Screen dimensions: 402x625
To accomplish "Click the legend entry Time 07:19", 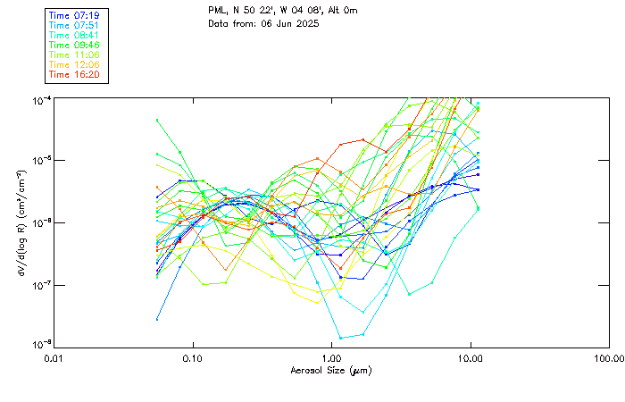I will click(74, 16).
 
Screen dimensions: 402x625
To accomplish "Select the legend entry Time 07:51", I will click(74, 26).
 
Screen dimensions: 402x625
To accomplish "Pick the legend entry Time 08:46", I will click(74, 45).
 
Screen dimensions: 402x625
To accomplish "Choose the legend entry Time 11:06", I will click(74, 54).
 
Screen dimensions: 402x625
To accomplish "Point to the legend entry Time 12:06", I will click(74, 64).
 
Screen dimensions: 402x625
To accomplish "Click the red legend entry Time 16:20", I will click(74, 74).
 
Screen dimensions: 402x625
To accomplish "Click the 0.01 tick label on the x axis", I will click(54, 358).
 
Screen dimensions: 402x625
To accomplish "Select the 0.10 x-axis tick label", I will click(193, 358).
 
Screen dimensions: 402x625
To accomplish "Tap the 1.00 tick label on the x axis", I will click(332, 358).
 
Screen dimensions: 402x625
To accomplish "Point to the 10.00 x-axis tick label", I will click(471, 358).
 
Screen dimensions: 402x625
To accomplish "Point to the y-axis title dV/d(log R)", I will click(20, 222).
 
